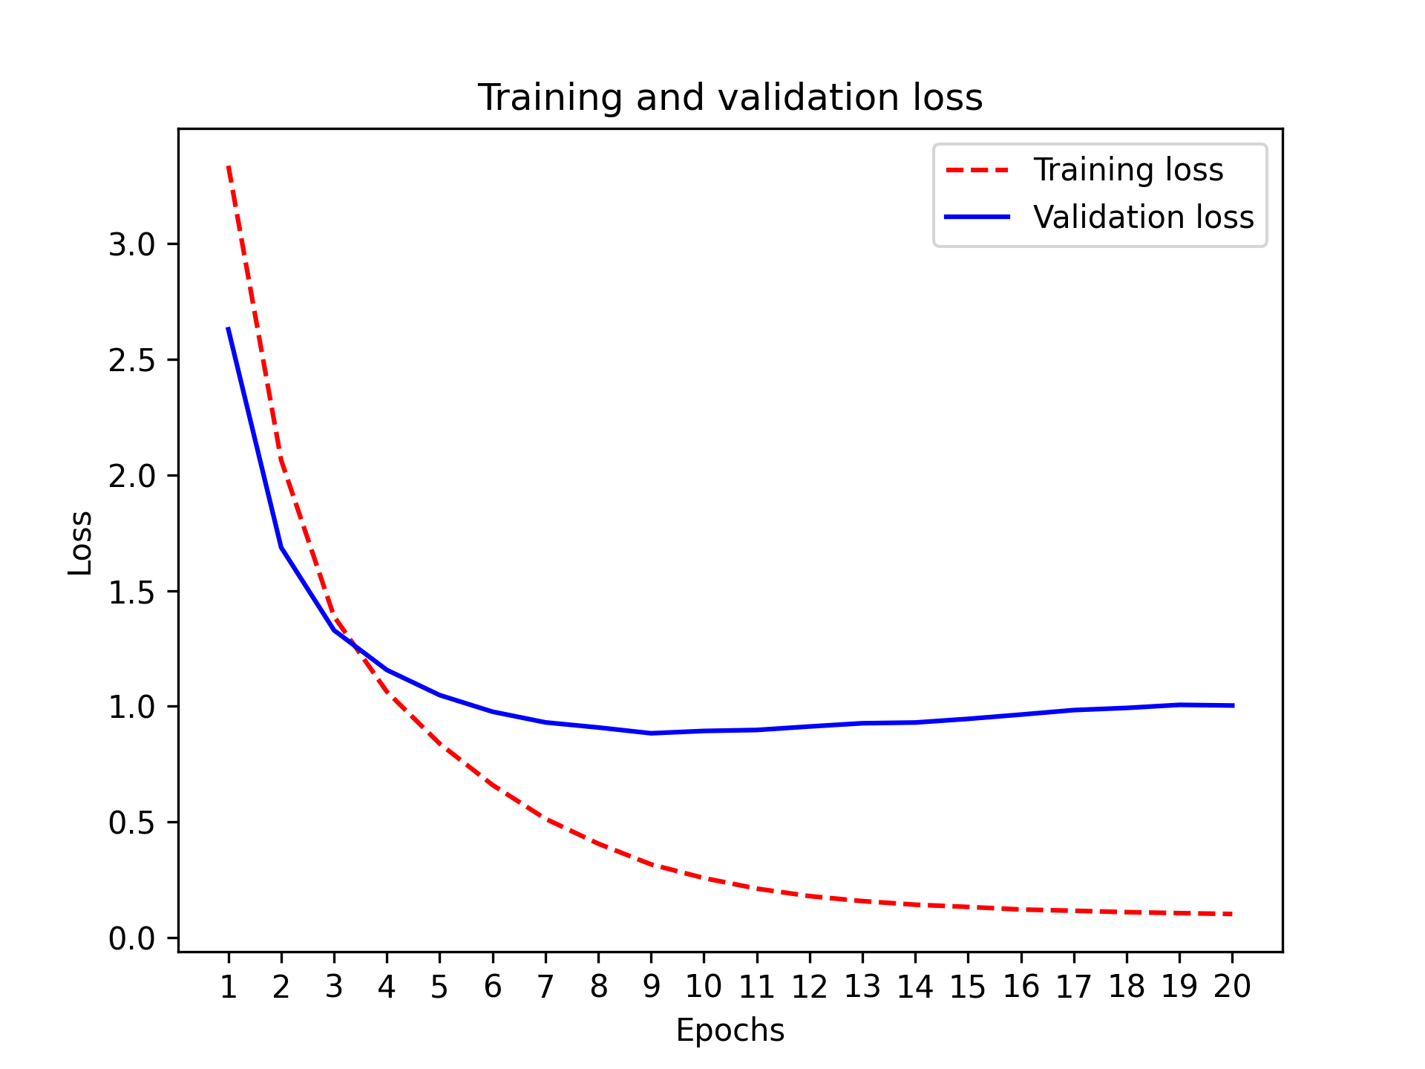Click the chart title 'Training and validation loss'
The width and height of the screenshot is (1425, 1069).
(730, 98)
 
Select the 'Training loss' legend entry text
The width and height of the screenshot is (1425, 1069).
(1127, 170)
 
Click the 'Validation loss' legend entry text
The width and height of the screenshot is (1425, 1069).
(1143, 218)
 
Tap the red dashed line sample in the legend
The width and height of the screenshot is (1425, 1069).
(977, 170)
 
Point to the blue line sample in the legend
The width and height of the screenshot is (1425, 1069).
(977, 217)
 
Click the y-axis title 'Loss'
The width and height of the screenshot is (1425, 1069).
(80, 543)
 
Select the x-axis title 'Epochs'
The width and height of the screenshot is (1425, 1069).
(730, 1030)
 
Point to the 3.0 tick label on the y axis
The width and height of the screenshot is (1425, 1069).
(131, 245)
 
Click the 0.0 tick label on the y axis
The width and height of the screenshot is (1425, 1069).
(131, 939)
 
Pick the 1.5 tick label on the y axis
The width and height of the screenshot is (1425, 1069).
(131, 592)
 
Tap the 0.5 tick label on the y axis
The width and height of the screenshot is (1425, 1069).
(131, 823)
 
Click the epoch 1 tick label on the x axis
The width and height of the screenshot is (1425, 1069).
(229, 987)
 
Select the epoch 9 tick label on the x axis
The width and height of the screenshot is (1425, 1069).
(651, 987)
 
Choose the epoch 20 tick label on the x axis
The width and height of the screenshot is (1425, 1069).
(1232, 987)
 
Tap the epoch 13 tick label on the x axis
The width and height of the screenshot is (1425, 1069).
(862, 987)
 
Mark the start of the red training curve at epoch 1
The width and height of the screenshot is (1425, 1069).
(229, 167)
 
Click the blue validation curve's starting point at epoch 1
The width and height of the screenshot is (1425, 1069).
(229, 328)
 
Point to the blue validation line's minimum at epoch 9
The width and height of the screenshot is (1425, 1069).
(651, 733)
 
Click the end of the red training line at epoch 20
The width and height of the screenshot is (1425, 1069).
(1231, 914)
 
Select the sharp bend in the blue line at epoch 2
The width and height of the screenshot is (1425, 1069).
(281, 548)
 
